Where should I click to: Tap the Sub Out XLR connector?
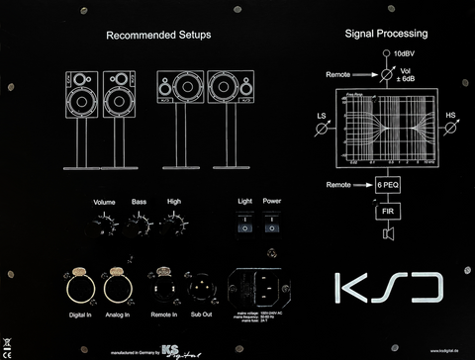point(201,286)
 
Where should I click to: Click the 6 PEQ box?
point(388,185)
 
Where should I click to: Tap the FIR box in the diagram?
point(388,211)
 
